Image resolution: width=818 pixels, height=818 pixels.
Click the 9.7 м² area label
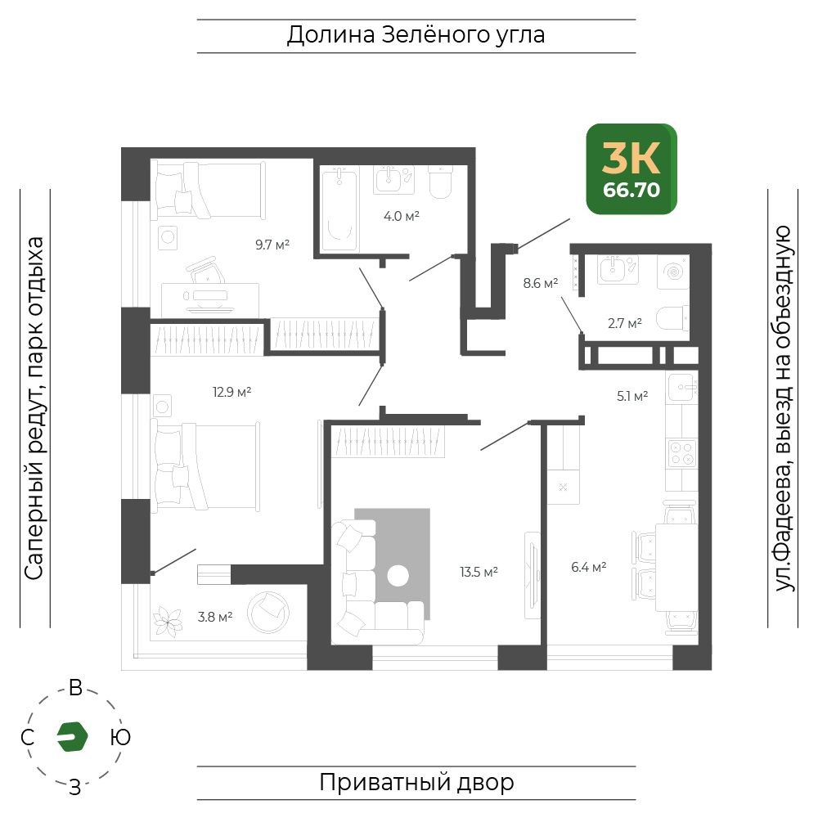click(x=272, y=245)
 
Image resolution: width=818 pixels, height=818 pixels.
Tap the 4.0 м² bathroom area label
click(x=402, y=216)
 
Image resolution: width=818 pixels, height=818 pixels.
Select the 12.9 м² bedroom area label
click(x=232, y=392)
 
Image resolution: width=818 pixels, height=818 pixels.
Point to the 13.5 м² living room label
click(x=479, y=572)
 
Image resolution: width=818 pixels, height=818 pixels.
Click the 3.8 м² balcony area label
click(x=215, y=617)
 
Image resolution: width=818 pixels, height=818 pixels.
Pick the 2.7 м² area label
click(x=625, y=323)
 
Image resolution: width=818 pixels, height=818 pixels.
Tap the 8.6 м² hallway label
click(x=541, y=283)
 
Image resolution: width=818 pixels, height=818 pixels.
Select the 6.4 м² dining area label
click(x=589, y=567)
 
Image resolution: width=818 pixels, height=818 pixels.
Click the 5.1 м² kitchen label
click(x=632, y=396)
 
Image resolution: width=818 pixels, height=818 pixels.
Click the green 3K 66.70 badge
click(x=631, y=169)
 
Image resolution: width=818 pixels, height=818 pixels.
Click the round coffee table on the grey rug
click(x=398, y=576)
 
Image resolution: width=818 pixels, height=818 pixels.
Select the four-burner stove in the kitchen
click(x=682, y=453)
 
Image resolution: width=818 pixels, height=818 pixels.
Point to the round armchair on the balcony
click(x=268, y=613)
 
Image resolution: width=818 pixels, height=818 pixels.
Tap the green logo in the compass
click(x=73, y=737)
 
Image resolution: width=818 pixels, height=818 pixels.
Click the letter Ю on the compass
click(x=120, y=737)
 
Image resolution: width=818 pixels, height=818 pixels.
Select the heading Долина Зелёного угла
click(x=416, y=35)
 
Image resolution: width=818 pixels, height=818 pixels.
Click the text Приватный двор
click(x=416, y=783)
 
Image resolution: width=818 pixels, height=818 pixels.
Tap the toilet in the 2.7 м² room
click(x=672, y=318)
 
